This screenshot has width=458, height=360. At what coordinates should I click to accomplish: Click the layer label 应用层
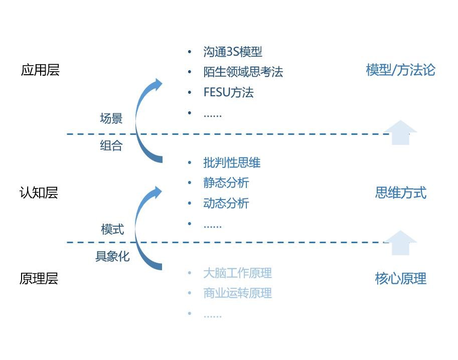point(40,70)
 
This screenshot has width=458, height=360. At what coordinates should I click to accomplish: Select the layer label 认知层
point(39,193)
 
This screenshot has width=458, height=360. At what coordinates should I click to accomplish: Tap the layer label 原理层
point(39,279)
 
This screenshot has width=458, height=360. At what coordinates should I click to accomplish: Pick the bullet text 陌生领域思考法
point(243,72)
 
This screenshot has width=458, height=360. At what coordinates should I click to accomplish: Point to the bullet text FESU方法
point(228,93)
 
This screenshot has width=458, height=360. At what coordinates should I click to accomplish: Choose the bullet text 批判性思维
point(232,162)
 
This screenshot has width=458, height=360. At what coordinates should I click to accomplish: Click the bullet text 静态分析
point(226,183)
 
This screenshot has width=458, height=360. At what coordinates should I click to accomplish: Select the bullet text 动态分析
point(226,204)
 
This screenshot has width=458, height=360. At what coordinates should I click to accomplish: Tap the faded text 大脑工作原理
point(237,273)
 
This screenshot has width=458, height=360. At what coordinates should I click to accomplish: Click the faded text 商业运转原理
point(237,293)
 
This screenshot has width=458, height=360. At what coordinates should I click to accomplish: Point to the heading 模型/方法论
point(400,70)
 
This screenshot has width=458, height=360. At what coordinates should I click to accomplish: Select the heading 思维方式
point(400,193)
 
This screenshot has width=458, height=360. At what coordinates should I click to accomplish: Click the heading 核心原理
point(400,279)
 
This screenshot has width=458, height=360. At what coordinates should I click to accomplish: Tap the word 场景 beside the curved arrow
point(111,119)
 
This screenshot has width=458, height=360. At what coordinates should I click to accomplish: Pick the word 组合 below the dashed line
point(111,146)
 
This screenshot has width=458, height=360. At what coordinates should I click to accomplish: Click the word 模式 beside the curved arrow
point(112,230)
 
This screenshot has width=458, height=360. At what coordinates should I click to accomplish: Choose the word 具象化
point(112,256)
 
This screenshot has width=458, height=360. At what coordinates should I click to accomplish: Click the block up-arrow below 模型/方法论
point(400,132)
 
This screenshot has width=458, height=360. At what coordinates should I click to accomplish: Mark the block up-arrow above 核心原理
point(400,243)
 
